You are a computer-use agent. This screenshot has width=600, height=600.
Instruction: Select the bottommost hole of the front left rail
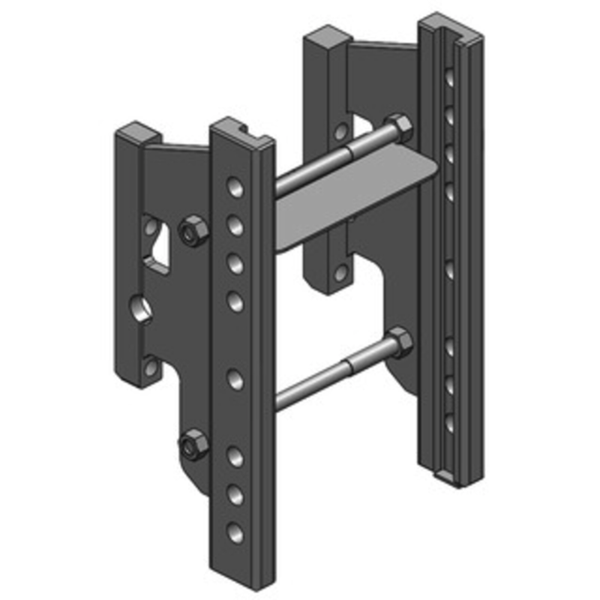coord(236,532)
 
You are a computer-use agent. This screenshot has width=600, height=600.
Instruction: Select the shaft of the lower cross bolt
coord(330,376)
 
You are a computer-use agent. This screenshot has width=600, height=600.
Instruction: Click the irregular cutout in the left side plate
coord(159,247)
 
